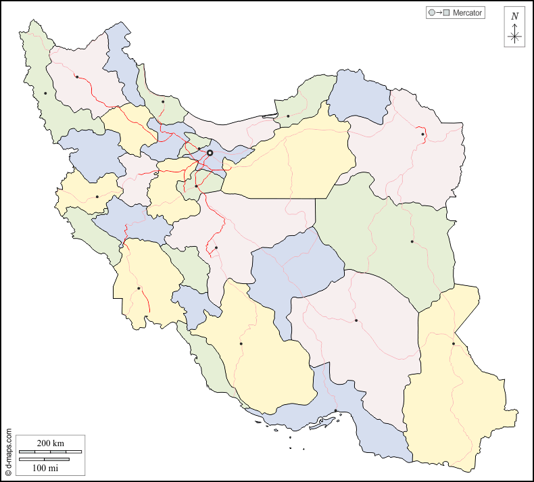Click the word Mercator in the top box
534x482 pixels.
[x=468, y=13]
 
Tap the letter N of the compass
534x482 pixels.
[x=514, y=16]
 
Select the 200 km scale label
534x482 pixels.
[x=50, y=443]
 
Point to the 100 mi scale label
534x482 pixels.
[x=45, y=467]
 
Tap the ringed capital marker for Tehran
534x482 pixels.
[x=210, y=153]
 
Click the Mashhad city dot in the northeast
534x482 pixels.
[x=423, y=134]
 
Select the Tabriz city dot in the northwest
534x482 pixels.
[x=77, y=76]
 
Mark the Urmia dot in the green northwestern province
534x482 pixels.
[x=45, y=93]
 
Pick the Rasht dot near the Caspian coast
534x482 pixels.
[x=163, y=102]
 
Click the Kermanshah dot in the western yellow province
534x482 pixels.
[x=97, y=197]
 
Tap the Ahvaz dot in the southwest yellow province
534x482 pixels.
[x=139, y=289]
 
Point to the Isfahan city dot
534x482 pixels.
[x=216, y=248]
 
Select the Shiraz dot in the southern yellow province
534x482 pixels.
[x=241, y=343]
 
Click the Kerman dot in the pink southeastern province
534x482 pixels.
[x=356, y=320]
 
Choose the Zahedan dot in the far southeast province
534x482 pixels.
[x=453, y=344]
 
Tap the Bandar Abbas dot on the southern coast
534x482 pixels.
[x=336, y=410]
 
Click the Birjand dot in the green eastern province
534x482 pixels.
[x=412, y=241]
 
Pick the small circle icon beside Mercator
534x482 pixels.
[x=431, y=13]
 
